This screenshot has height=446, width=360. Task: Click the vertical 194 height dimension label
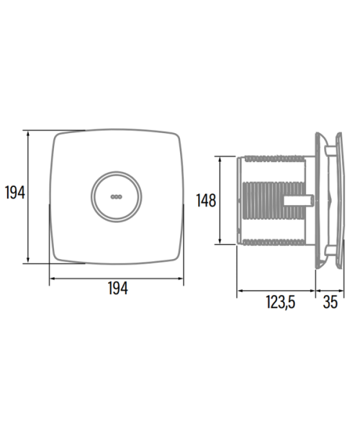click(x=15, y=192)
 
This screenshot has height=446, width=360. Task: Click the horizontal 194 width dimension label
click(x=118, y=288)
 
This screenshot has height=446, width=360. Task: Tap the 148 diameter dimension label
click(x=207, y=201)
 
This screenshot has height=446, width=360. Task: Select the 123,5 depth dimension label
click(x=281, y=302)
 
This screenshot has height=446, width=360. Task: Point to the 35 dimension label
click(x=330, y=302)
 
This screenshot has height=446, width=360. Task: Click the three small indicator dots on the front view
click(x=116, y=196)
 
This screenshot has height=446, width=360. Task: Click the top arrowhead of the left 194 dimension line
click(x=27, y=134)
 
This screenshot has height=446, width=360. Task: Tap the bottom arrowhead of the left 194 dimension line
click(x=27, y=260)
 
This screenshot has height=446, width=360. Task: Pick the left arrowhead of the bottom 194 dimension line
click(x=53, y=278)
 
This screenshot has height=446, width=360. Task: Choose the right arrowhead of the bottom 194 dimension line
click(x=180, y=278)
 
